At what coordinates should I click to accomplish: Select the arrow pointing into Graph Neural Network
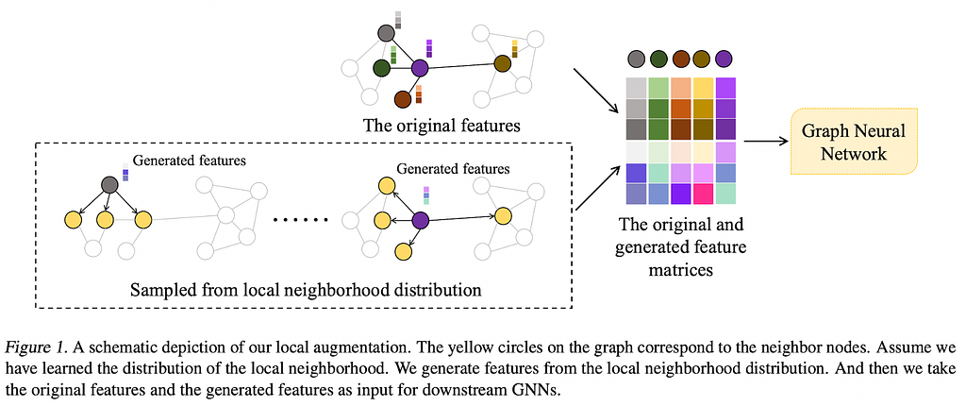(766, 142)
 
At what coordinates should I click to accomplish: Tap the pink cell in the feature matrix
(703, 195)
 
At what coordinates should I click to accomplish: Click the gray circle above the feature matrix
(637, 59)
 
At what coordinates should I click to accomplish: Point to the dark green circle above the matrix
(658, 59)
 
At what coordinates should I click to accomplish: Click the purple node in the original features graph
(420, 68)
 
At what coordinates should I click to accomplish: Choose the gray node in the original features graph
(386, 33)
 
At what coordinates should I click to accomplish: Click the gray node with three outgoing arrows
(109, 184)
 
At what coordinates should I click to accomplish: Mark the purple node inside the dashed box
(420, 220)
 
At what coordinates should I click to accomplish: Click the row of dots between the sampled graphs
(301, 220)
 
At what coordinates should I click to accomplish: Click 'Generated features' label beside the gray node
(190, 161)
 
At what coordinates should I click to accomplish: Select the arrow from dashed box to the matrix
(597, 188)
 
